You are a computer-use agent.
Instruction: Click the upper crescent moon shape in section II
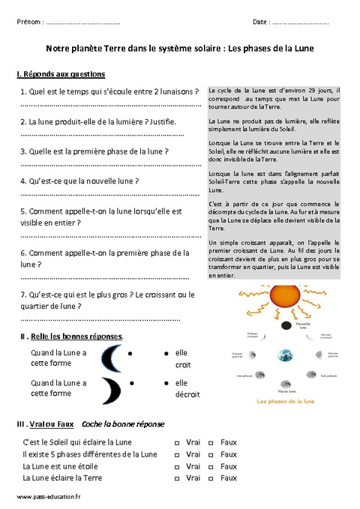(112, 358)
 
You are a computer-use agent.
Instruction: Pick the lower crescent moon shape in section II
(112, 388)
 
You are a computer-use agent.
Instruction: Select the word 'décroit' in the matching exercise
(187, 394)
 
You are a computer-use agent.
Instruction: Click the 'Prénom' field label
(29, 22)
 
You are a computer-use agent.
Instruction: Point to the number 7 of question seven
(25, 295)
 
